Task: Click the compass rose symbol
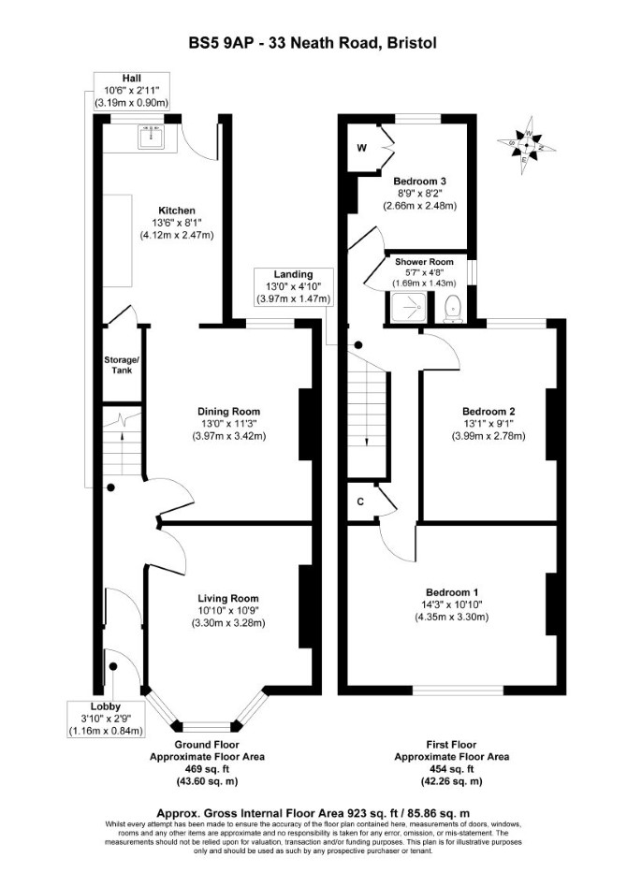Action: [x=526, y=145]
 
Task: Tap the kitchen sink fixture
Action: [x=152, y=137]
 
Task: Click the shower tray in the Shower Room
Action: [x=407, y=308]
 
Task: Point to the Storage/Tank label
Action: [x=121, y=365]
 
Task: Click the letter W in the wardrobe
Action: [x=362, y=149]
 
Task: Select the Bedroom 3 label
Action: [x=420, y=182]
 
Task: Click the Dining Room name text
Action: [x=228, y=412]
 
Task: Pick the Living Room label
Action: [x=228, y=598]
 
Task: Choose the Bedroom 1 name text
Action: [x=452, y=592]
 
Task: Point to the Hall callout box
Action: [x=131, y=91]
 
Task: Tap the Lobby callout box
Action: [x=105, y=719]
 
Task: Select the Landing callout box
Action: [x=294, y=286]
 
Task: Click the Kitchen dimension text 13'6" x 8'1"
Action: [x=177, y=223]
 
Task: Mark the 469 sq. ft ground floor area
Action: [x=207, y=769]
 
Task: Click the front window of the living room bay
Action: [x=207, y=726]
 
